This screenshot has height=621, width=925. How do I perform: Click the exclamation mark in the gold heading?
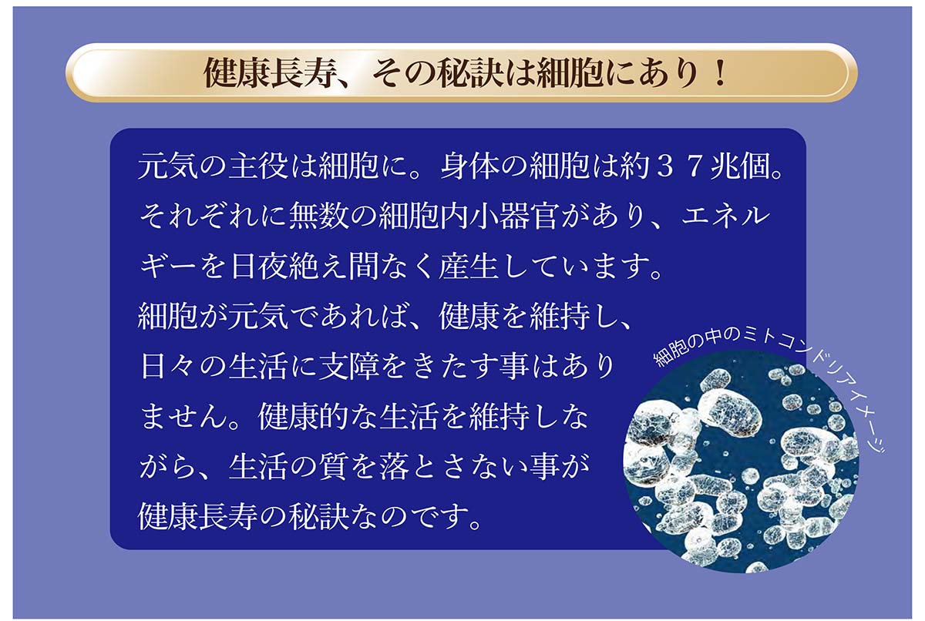721,73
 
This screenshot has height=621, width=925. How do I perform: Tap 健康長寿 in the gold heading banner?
268,73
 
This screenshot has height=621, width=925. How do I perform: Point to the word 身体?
471,166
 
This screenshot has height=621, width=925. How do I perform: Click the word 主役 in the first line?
258,166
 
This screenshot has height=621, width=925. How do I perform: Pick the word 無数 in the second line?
319,217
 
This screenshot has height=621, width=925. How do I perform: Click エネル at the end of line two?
725,217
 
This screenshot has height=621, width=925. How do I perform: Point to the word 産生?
469,267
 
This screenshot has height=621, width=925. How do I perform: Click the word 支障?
349,367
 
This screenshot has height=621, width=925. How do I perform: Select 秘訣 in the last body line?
319,517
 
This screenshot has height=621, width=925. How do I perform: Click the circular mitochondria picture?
741,460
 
